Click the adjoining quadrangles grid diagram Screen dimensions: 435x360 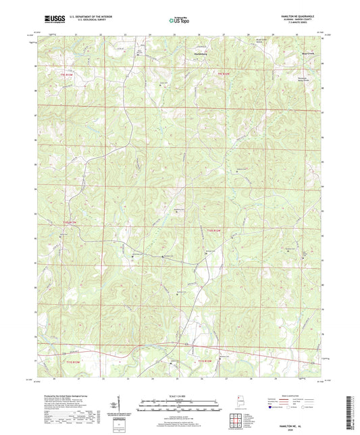(238, 422)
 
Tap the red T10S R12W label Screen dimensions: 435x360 (214, 231)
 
